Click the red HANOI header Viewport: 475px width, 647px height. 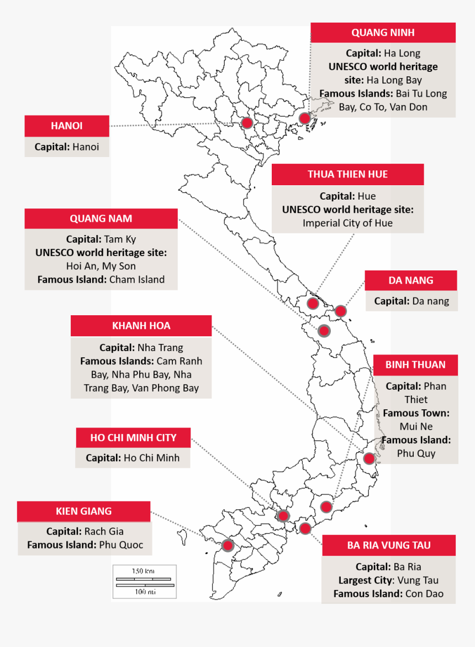(66, 126)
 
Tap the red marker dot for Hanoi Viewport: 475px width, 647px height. (247, 123)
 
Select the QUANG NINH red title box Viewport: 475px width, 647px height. (383, 33)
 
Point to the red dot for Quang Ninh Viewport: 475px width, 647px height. (304, 118)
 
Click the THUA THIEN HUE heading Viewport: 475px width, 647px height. (347, 174)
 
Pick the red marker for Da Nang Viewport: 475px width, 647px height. (341, 311)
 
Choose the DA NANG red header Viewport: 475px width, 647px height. (410, 280)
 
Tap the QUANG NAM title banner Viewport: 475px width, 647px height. (101, 218)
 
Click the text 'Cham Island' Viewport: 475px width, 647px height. (137, 280)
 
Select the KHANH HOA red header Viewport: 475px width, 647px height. (141, 326)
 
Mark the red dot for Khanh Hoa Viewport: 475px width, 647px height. (369, 458)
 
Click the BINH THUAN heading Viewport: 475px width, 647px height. (415, 365)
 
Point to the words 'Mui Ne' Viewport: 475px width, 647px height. (416, 426)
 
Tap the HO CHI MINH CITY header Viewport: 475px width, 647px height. (133, 437)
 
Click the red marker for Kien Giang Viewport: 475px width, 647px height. (227, 545)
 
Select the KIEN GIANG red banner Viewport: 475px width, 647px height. (83, 512)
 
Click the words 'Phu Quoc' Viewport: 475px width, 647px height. (121, 545)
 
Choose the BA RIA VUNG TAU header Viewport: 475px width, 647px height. (389, 545)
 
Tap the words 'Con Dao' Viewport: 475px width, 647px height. (424, 594)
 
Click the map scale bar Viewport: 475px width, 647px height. (145, 582)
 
